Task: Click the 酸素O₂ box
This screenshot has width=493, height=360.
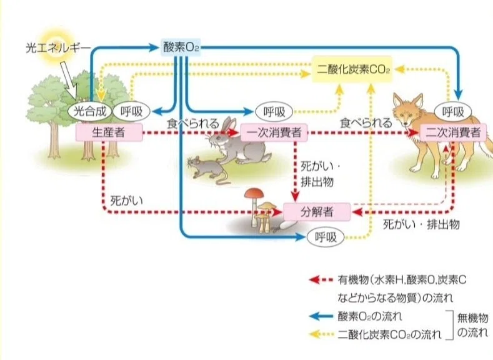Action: tap(181, 47)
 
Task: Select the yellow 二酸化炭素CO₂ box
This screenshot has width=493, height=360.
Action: tap(352, 69)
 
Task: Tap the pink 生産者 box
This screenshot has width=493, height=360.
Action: tap(109, 132)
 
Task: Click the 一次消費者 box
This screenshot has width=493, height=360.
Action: tap(274, 132)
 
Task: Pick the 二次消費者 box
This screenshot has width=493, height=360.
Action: tap(453, 132)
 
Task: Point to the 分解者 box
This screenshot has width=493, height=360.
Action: tap(317, 212)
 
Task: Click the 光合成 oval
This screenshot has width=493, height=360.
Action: tap(90, 111)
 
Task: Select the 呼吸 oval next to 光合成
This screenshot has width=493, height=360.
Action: tap(131, 111)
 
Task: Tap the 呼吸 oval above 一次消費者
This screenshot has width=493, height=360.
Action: tap(274, 112)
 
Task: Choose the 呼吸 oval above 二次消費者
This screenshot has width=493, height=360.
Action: tap(453, 112)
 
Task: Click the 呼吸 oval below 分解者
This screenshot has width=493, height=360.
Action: tap(326, 237)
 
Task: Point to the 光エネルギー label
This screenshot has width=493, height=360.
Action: tap(58, 47)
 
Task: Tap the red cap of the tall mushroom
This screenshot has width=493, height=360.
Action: tap(254, 193)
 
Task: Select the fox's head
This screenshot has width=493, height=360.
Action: tap(409, 110)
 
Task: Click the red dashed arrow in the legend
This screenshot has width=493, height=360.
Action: tap(321, 279)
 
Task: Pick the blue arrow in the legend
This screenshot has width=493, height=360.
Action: tap(321, 316)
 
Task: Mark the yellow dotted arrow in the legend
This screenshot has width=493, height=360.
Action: tap(321, 334)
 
